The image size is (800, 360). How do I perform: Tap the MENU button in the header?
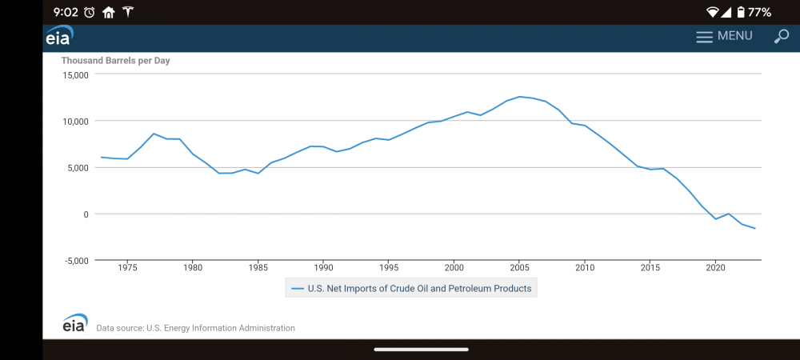point(724,36)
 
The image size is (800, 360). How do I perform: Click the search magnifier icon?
point(781,36)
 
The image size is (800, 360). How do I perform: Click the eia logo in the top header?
point(58,37)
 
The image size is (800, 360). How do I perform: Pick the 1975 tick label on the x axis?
point(127,267)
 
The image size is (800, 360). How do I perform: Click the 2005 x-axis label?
point(520,267)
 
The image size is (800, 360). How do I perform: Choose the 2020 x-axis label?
point(716,267)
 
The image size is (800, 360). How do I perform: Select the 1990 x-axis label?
point(323,267)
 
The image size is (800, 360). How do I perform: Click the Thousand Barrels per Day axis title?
point(116,61)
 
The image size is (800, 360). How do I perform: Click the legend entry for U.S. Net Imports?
point(411,288)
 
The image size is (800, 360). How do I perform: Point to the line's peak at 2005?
point(520,97)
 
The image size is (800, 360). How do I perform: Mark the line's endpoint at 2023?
point(754,229)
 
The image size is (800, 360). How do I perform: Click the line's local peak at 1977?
point(154,134)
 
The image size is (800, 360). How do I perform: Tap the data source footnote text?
point(195,328)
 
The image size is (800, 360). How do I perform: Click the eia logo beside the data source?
point(75,323)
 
